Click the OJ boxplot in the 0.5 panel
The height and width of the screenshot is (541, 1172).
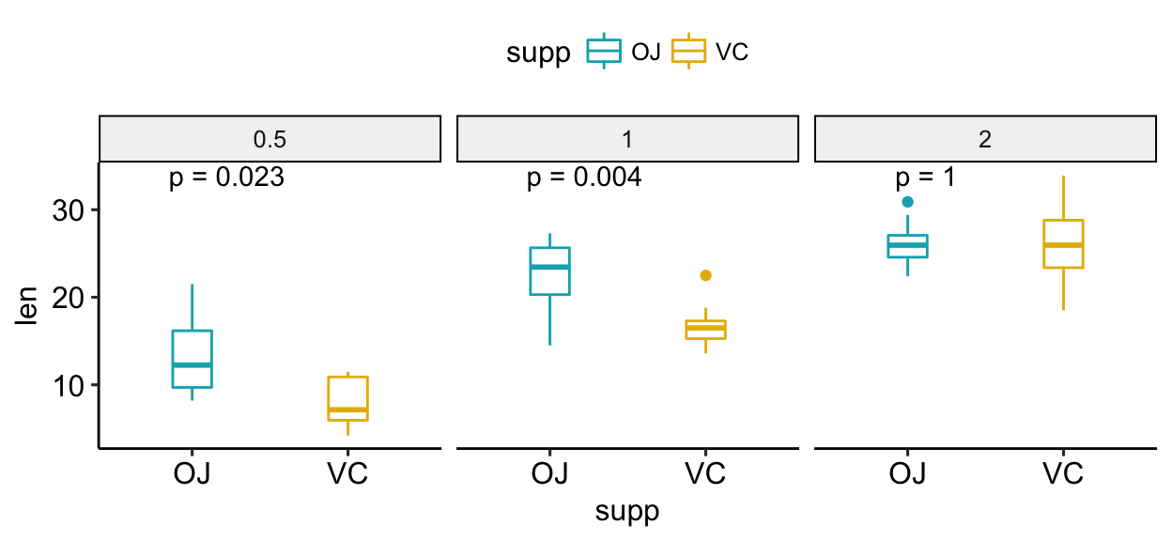click(192, 358)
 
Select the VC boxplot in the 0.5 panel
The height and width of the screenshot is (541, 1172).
click(347, 398)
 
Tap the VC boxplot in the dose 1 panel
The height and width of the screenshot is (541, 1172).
click(705, 329)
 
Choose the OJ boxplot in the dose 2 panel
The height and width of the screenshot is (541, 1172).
click(907, 245)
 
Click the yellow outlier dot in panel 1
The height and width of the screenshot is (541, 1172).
click(705, 275)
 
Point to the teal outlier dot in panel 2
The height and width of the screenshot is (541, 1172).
click(907, 202)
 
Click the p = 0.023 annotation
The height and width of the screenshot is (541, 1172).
click(226, 178)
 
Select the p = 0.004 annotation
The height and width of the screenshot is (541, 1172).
click(584, 178)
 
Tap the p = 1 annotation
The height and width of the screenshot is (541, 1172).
click(925, 178)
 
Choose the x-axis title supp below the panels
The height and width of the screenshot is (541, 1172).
click(627, 511)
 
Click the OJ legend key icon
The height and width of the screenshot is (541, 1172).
click(604, 53)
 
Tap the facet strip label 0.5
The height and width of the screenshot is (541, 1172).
click(270, 140)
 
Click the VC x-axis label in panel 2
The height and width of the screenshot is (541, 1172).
click(1063, 473)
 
